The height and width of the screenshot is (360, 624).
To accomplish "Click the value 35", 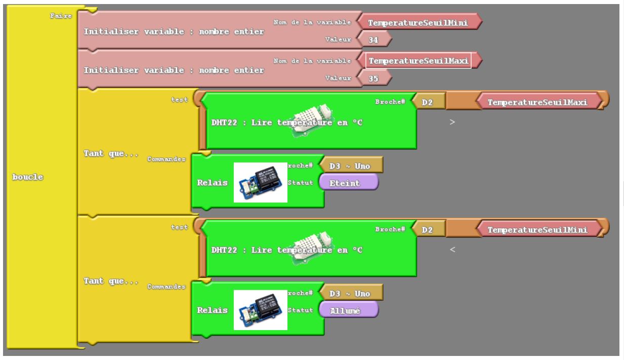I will click(x=373, y=78).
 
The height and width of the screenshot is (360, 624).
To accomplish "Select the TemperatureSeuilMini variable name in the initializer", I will click(x=418, y=23).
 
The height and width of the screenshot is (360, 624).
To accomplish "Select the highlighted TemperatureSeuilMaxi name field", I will click(x=418, y=61).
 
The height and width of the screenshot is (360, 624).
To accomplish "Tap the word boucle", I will click(x=28, y=177).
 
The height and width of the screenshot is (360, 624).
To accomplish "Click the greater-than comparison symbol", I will click(x=452, y=122).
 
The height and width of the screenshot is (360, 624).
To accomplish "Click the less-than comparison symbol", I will click(x=452, y=249).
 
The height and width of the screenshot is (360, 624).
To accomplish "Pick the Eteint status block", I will click(x=348, y=183).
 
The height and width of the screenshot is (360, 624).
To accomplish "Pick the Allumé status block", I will click(x=348, y=311).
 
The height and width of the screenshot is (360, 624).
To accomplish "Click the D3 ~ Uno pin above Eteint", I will click(x=350, y=166).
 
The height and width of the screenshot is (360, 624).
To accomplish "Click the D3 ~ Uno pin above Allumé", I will click(x=350, y=294).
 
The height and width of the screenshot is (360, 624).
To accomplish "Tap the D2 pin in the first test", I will click(x=428, y=103).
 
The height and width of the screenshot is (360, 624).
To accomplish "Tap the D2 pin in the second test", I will click(x=428, y=230).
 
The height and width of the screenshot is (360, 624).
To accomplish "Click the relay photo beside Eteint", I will click(x=261, y=182).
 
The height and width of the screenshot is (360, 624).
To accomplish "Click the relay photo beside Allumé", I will click(x=261, y=310).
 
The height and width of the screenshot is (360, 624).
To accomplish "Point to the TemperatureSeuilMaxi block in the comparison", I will click(x=537, y=103).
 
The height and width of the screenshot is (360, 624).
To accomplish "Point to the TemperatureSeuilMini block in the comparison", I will click(x=537, y=230).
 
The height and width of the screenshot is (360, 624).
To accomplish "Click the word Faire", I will click(x=61, y=16).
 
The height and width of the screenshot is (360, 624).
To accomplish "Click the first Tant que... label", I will click(x=111, y=153).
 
